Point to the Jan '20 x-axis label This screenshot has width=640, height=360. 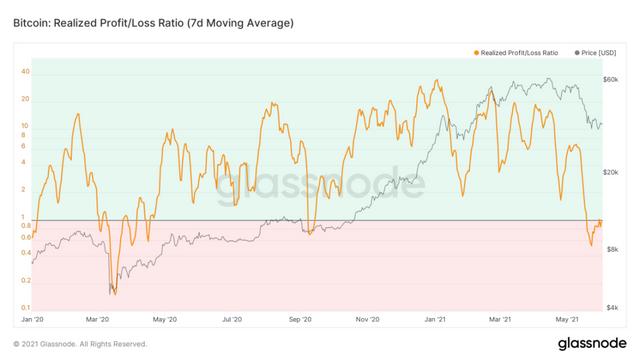pyautogui.click(x=33, y=319)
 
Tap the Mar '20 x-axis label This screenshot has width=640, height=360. pyautogui.click(x=98, y=319)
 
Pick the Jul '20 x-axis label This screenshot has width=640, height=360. pyautogui.click(x=232, y=319)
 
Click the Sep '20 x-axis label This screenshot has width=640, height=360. pyautogui.click(x=300, y=319)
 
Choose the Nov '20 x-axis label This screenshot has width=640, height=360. pyautogui.click(x=367, y=319)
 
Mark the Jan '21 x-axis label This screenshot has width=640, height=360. pyautogui.click(x=435, y=319)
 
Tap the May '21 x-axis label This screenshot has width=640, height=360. pyautogui.click(x=567, y=319)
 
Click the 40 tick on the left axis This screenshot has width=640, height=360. pyautogui.click(x=24, y=72)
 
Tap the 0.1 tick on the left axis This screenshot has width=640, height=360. pyautogui.click(x=24, y=307)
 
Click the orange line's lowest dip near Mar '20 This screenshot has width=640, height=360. pyautogui.click(x=113, y=293)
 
